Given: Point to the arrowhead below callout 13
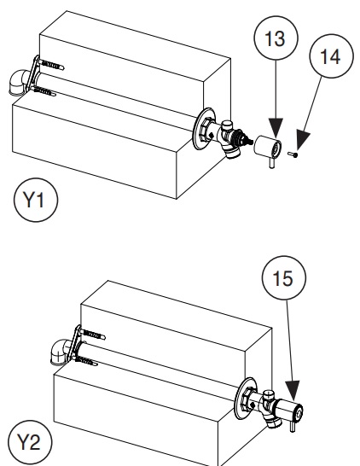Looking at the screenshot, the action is pos(276,128).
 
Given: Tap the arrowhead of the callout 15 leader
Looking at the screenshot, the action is pos(293,390).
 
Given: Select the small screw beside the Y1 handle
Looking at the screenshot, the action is pos(293,154).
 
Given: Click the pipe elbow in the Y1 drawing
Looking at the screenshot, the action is pos(20,83).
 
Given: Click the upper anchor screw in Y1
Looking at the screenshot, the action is pos(51,65).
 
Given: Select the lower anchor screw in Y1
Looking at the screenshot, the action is pos(44,91).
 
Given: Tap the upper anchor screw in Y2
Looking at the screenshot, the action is pos(92,335).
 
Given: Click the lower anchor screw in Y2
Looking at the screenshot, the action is pos(86,361).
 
